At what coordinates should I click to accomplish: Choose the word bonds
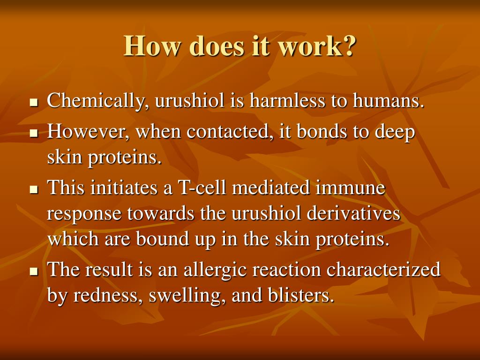tap(321, 132)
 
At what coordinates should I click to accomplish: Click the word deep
tap(395, 133)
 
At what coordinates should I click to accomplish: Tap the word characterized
tap(383, 270)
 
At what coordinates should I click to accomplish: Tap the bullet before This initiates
tap(33, 190)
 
